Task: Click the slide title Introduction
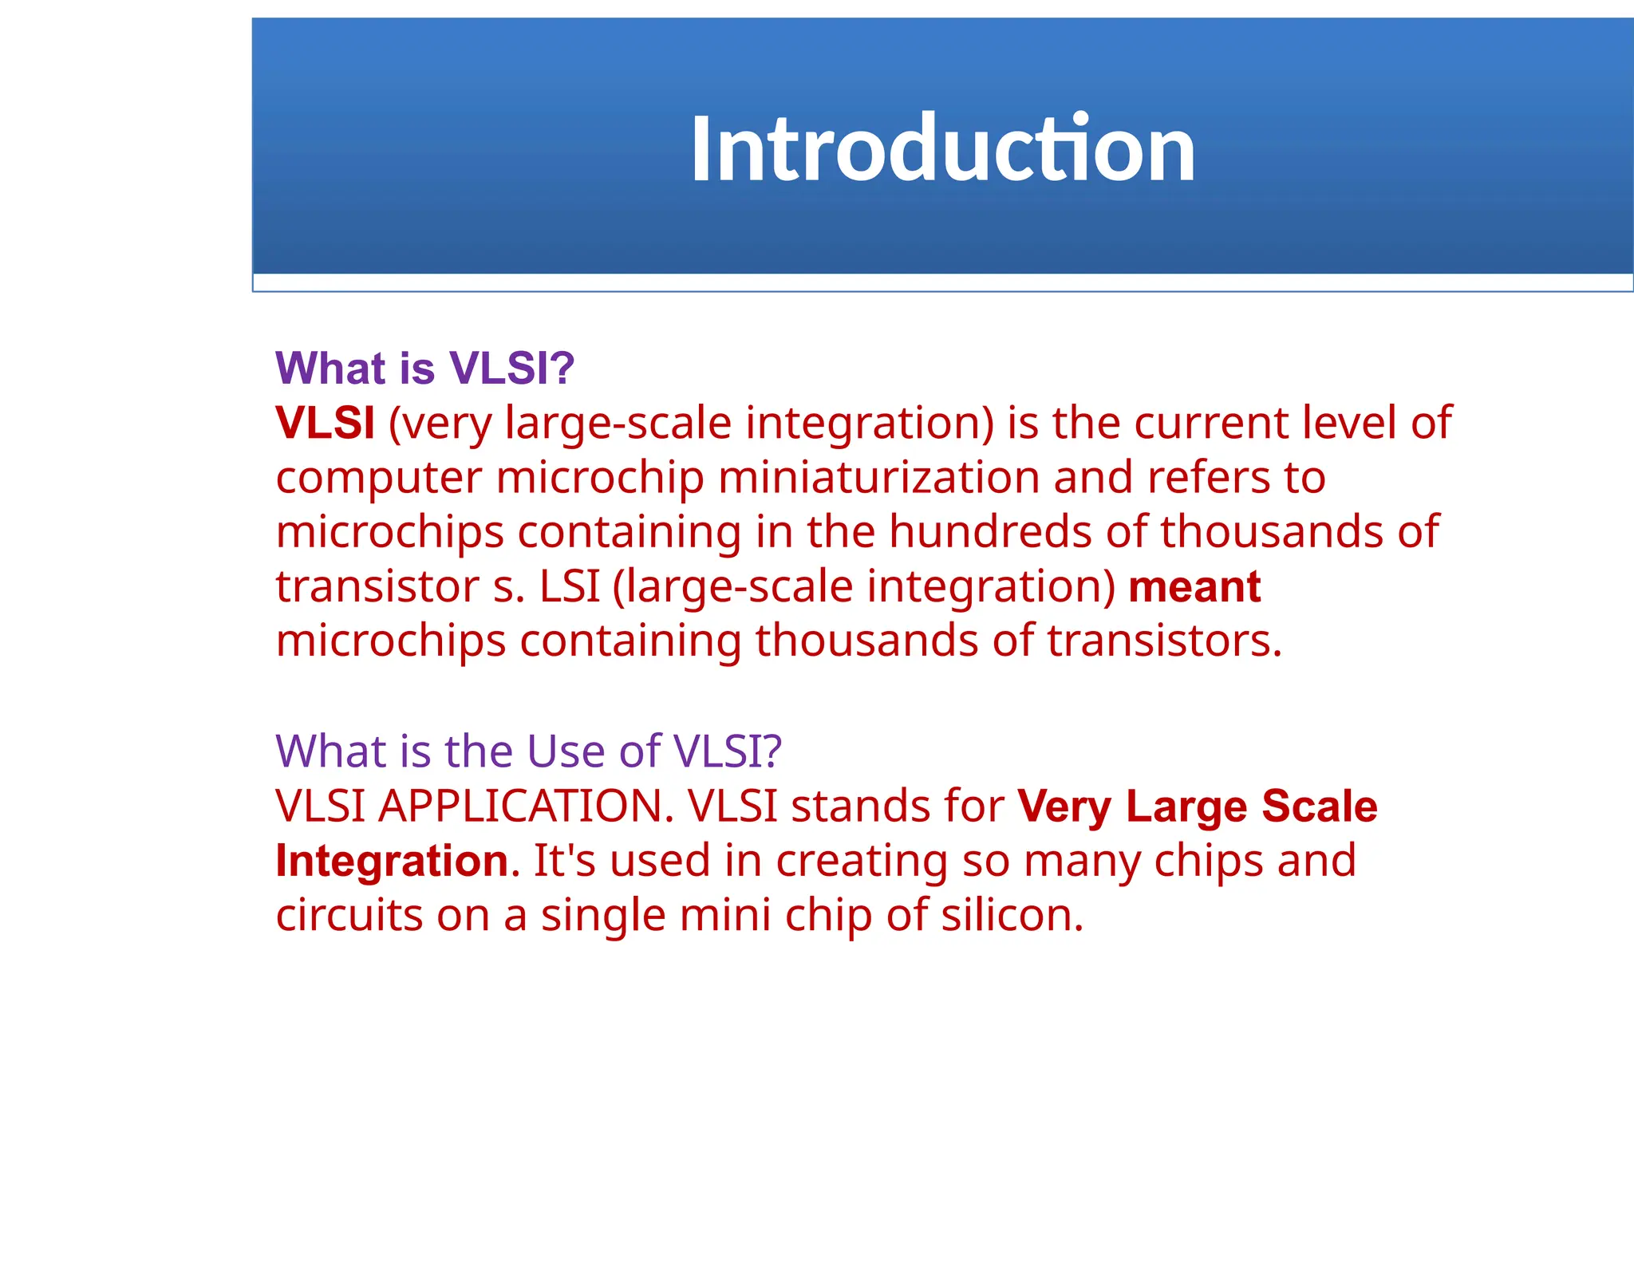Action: (x=942, y=149)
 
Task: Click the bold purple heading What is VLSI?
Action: (x=424, y=369)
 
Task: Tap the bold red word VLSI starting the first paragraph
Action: (x=325, y=423)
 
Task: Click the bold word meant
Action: (x=1194, y=586)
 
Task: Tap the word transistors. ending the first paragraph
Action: (x=1164, y=641)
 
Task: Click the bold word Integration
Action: (x=392, y=861)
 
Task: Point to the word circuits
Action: (x=349, y=915)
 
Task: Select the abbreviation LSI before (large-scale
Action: (x=569, y=586)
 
